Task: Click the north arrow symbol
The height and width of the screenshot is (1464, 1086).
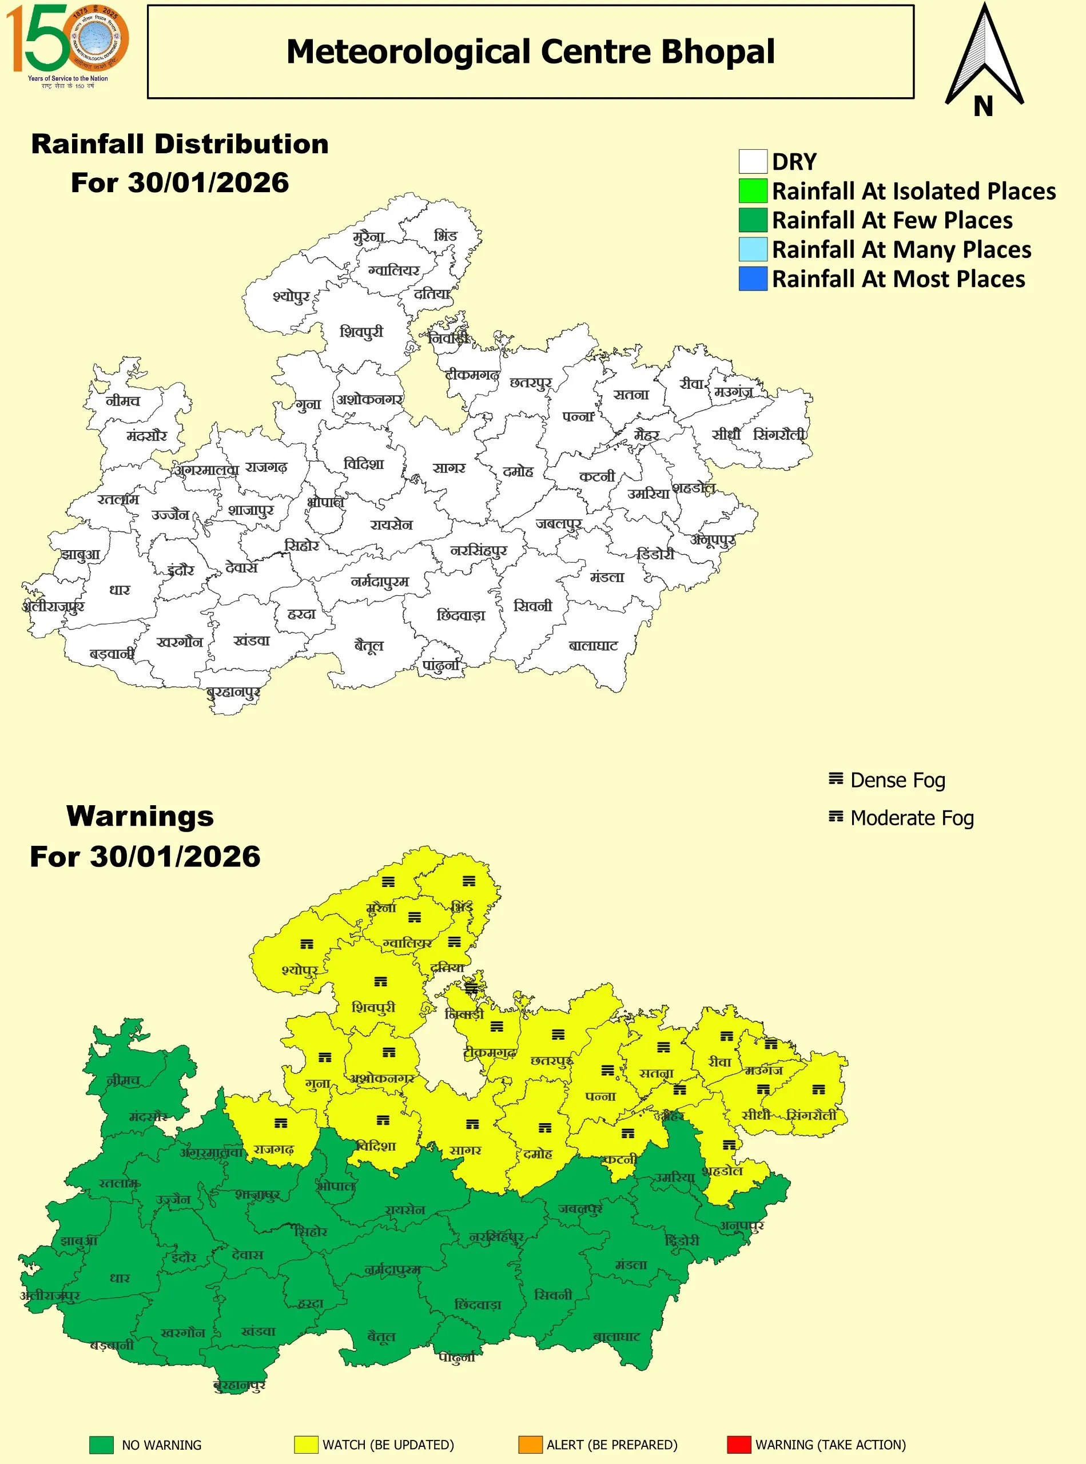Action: click(984, 59)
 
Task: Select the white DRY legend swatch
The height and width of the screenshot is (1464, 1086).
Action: click(753, 161)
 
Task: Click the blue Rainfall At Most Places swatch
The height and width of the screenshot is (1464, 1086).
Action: click(753, 279)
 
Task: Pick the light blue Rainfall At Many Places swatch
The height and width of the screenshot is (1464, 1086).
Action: click(753, 249)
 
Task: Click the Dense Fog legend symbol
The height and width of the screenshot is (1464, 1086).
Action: click(836, 779)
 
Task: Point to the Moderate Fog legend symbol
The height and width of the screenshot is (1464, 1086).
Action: click(836, 817)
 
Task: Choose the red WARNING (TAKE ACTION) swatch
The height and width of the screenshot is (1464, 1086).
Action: click(739, 1445)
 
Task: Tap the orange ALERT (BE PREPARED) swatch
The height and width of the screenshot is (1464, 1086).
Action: click(530, 1445)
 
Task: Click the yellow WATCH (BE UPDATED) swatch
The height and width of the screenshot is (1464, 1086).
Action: click(307, 1445)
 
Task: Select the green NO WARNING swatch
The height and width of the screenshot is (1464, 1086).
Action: click(101, 1445)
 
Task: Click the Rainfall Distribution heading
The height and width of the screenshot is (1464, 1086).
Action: click(180, 144)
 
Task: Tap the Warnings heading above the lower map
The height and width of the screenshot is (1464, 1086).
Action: click(140, 817)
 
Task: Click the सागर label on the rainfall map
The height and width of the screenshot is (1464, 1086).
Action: click(449, 468)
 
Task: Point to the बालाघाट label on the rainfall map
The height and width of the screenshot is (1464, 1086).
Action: click(593, 646)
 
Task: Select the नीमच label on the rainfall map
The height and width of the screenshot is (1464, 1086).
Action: click(123, 400)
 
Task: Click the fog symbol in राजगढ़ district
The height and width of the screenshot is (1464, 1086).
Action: click(281, 1124)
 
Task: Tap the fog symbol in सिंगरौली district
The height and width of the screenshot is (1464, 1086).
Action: click(818, 1089)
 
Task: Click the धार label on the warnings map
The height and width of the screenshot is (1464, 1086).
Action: click(120, 1278)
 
